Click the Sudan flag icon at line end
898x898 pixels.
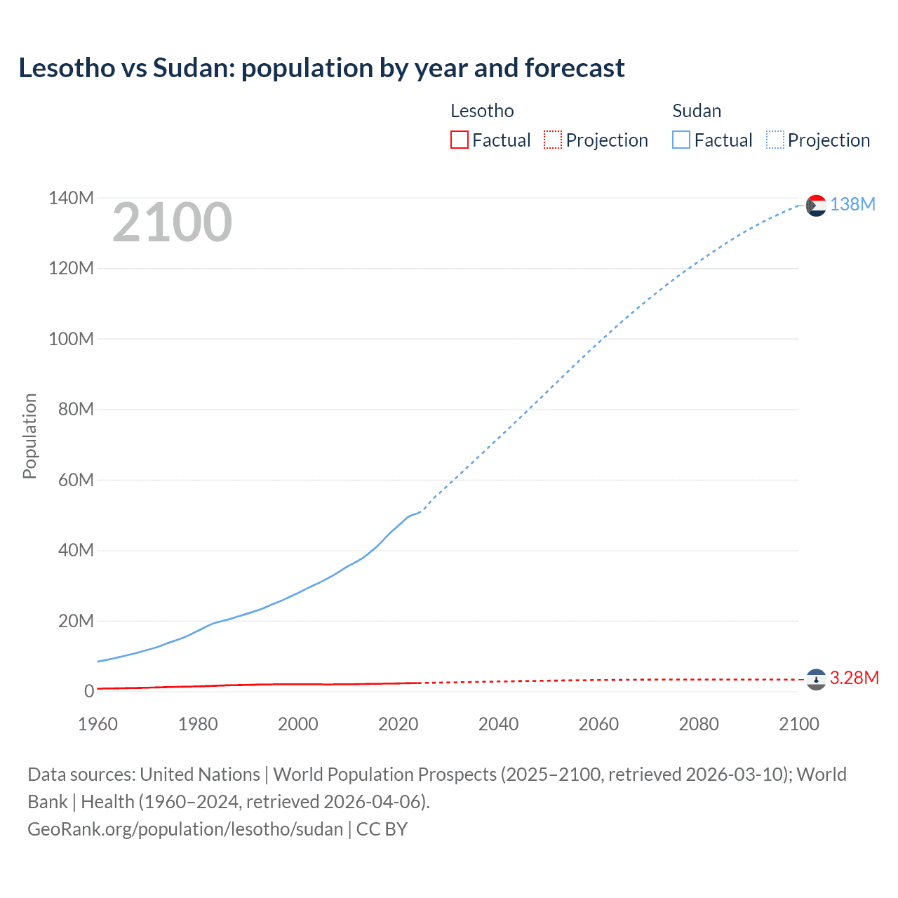(x=816, y=205)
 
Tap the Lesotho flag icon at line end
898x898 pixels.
(x=816, y=679)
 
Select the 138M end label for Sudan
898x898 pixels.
(x=852, y=204)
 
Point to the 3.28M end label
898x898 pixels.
(x=854, y=678)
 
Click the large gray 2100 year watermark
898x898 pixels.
(x=172, y=222)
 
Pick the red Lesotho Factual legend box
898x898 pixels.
(x=459, y=140)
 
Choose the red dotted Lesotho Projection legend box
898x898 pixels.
(x=553, y=140)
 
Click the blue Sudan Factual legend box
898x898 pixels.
(x=681, y=140)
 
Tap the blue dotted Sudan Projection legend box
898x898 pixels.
(x=775, y=140)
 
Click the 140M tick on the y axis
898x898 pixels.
(x=72, y=198)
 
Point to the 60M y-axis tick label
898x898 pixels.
(x=76, y=480)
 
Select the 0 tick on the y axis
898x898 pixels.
(x=89, y=691)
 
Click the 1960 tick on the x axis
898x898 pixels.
(x=98, y=724)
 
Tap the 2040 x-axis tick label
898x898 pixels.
(x=498, y=724)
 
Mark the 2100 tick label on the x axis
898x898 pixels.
(x=798, y=724)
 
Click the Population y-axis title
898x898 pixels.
(x=29, y=436)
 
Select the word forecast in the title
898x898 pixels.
(x=574, y=68)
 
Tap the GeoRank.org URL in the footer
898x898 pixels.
(x=185, y=829)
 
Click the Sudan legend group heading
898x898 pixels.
(x=697, y=111)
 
